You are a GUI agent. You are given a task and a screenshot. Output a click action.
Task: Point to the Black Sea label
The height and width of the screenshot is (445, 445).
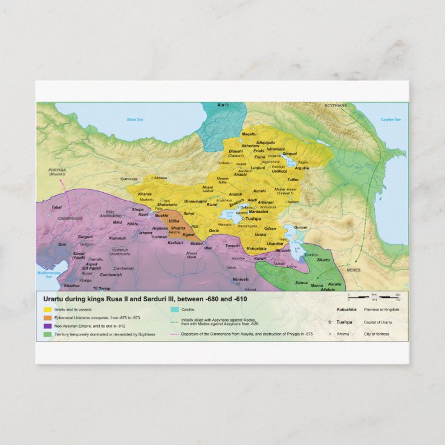pos(134,120)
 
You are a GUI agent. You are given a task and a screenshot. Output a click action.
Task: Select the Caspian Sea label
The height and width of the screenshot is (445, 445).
pos(391,120)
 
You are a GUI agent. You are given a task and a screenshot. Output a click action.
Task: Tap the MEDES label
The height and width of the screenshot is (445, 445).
pos(354,270)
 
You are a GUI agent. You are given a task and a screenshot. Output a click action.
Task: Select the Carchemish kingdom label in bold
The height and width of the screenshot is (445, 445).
pos(111,274)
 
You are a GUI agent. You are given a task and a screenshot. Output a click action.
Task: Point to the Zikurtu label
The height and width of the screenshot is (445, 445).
pos(324,260)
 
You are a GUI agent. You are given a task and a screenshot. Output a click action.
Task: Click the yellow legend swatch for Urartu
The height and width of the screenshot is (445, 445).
pos(47,310)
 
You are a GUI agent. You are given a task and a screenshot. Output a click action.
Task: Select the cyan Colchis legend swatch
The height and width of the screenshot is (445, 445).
pos(175,310)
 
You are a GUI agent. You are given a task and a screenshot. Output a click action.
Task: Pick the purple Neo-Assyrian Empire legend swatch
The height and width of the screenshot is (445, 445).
pos(47,326)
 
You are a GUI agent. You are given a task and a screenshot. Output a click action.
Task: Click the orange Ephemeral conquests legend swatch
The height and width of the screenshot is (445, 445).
pos(47,317)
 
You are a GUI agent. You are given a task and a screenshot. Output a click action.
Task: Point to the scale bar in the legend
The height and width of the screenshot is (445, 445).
pos(372,296)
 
